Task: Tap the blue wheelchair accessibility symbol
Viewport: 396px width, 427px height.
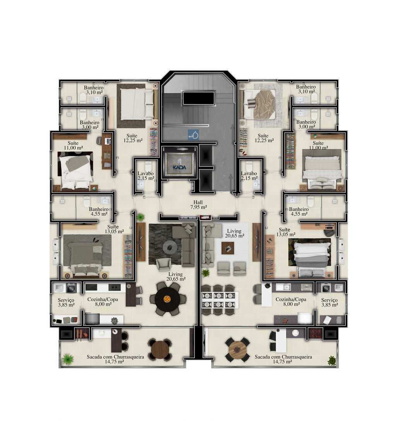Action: tap(193, 135)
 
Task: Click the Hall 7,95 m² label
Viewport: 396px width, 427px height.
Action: tap(198, 205)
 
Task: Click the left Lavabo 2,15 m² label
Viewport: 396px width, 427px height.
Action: tap(146, 176)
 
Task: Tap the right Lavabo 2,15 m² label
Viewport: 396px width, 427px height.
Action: tap(249, 176)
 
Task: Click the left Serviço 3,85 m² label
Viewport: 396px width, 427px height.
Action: tap(66, 302)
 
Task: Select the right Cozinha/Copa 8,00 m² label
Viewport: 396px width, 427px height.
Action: tap(291, 302)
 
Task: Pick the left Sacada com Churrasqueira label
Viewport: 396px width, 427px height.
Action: tap(115, 359)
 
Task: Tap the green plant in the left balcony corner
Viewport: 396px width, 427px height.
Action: tap(68, 359)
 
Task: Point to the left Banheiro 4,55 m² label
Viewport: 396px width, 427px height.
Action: tap(99, 212)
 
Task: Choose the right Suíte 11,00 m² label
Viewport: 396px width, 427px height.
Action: tap(318, 145)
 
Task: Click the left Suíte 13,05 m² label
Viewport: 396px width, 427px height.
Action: tap(114, 229)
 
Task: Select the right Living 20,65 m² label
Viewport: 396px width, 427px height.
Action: tap(234, 233)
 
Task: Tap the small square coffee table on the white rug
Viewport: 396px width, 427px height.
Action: tap(228, 248)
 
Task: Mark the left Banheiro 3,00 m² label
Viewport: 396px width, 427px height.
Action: tap(89, 125)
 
